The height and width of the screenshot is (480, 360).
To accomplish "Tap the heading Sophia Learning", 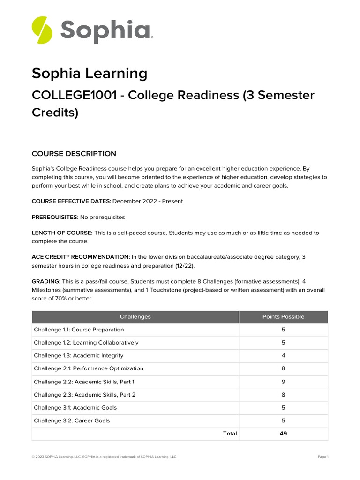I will pos(89,74).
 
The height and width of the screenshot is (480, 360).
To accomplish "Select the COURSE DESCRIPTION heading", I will pos(74,154).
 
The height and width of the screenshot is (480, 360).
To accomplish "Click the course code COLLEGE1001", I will pos(74,95).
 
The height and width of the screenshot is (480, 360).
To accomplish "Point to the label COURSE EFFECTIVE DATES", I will pos(71,201).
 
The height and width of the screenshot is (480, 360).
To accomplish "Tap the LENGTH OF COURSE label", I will pos(62,233).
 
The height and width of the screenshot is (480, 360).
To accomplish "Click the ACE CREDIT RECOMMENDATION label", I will pos(81,257).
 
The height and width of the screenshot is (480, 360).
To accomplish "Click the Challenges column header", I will pos(135,317).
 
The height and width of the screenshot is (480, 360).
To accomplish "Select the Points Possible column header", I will pos(283,317).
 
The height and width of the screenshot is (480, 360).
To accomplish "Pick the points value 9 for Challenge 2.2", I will pos(283,382).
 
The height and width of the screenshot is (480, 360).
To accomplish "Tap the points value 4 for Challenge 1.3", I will pos(283,355).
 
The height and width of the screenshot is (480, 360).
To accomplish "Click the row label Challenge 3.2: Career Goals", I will pos(72,420).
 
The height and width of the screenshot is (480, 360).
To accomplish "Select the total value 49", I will pos(283,434).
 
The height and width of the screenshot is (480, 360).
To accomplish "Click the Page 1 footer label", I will pos(323,457).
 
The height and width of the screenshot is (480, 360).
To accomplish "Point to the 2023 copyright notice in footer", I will pos(104,457).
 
